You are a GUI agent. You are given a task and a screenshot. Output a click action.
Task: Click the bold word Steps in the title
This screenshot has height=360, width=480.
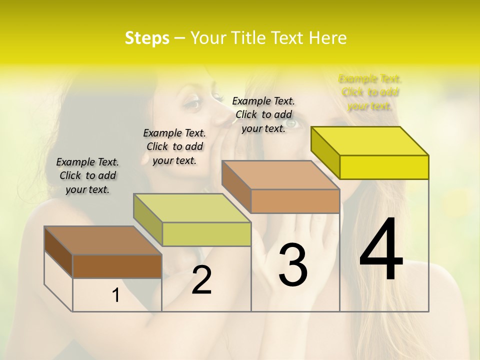pos(147,38)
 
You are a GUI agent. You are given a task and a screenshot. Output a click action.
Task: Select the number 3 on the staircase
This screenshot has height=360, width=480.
pos(292,265)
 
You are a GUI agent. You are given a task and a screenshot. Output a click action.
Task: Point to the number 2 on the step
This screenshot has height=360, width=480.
pos(201,280)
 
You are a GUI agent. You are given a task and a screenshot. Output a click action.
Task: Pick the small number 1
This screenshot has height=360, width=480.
pos(116,295)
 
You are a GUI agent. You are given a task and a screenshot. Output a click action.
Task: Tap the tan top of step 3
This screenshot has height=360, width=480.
pos(280,175)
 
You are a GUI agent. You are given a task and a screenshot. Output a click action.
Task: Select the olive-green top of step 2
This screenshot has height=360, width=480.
pos(192,208)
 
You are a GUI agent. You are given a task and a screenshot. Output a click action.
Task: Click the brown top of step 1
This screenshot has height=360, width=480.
pos(103,240)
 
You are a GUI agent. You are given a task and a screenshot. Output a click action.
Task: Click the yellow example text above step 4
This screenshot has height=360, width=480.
pos(370,92)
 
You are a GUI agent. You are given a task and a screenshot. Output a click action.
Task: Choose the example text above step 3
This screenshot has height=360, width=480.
pos(263,114)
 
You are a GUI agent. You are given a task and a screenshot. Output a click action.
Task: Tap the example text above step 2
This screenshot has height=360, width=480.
pos(174,146)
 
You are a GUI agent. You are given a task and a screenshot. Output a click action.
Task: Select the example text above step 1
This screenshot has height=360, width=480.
pos(87,175)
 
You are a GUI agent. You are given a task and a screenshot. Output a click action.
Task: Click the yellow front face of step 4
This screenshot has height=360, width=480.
pos(384,167)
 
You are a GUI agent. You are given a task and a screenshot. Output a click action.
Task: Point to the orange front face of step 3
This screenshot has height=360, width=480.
pos(295,201)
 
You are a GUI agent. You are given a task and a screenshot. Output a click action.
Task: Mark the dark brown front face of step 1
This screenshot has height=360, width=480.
pos(117,266)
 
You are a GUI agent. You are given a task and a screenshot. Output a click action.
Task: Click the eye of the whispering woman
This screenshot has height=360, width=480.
pos(193,104)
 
